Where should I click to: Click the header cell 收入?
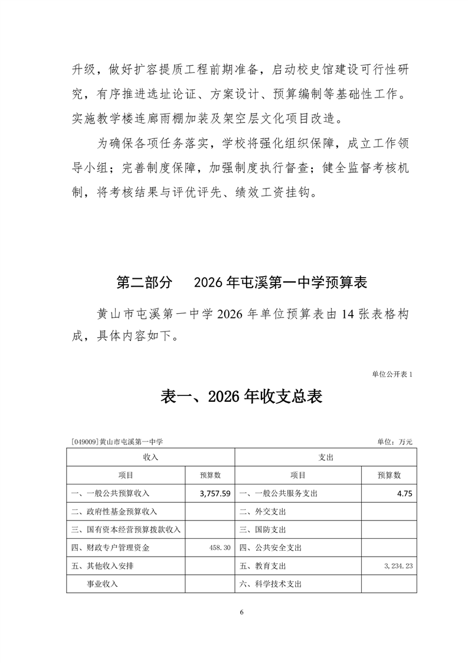150,457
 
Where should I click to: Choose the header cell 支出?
326,457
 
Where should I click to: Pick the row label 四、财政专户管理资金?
110,548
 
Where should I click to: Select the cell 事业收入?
102,584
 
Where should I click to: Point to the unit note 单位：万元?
394,441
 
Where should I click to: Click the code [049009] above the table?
83,441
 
